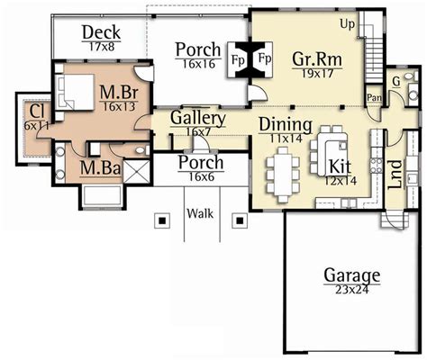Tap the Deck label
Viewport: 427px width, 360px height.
click(101, 33)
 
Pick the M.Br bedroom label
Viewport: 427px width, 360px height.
click(117, 91)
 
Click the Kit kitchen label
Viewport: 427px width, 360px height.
click(339, 166)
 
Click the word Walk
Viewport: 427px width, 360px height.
click(199, 214)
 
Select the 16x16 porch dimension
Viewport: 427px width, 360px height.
click(198, 65)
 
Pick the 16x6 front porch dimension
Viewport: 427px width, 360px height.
click(200, 177)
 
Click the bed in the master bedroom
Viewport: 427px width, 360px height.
click(73, 91)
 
